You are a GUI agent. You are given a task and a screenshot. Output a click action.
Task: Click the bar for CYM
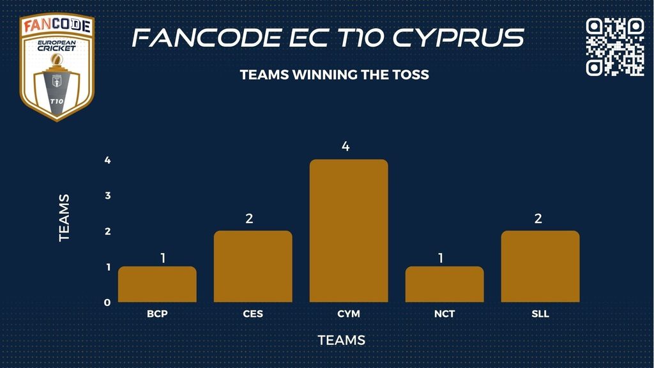[349, 231]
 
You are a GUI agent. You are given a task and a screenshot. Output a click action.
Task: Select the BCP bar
[157, 284]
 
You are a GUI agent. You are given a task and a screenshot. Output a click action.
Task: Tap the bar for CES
[253, 266]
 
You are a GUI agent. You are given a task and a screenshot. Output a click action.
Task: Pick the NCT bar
[445, 284]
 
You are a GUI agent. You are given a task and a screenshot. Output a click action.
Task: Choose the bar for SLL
[540, 266]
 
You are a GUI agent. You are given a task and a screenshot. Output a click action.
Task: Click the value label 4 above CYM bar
[346, 146]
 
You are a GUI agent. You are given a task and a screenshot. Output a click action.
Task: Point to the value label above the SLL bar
[538, 218]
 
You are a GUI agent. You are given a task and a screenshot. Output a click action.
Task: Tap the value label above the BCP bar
[163, 258]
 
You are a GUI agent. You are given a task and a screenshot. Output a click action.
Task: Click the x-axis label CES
[253, 314]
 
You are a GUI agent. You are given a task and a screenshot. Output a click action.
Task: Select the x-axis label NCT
[445, 314]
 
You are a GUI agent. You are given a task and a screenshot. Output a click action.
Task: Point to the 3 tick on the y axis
[108, 195]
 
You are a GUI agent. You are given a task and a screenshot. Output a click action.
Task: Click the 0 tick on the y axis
[107, 302]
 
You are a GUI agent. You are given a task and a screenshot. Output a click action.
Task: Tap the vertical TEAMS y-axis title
[64, 218]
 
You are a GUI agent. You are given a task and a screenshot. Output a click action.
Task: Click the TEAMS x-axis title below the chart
[342, 340]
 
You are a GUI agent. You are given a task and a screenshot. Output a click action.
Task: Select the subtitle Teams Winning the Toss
[335, 75]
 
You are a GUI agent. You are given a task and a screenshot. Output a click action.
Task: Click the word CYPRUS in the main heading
[458, 37]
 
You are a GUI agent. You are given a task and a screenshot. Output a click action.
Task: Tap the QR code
[615, 47]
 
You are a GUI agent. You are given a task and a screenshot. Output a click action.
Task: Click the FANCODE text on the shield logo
[57, 26]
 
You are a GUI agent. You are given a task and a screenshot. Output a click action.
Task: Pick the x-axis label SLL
[540, 314]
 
